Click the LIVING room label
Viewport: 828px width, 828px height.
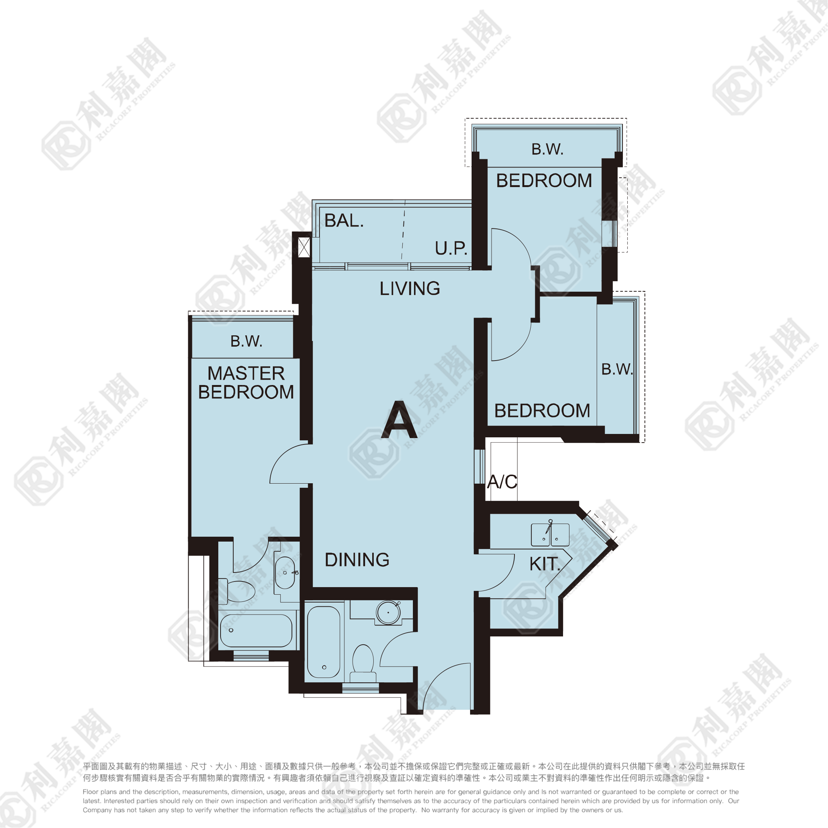click(410, 288)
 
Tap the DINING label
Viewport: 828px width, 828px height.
click(357, 560)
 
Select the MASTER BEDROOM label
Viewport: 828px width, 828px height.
click(246, 383)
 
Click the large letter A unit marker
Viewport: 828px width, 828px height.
click(399, 420)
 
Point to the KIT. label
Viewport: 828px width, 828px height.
click(545, 564)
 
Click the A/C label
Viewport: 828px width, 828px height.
click(502, 482)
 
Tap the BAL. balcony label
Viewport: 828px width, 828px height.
click(344, 221)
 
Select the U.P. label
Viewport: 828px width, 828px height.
click(451, 248)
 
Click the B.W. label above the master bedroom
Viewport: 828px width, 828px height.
click(247, 341)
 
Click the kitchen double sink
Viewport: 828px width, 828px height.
click(550, 534)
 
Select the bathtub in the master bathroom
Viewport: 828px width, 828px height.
click(256, 630)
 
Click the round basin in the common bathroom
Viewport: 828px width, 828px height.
click(388, 612)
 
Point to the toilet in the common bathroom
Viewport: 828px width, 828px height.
click(363, 663)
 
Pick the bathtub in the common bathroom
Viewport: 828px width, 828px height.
click(324, 642)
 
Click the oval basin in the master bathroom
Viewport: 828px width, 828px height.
click(285, 573)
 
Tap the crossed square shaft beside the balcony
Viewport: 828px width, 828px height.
click(304, 247)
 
